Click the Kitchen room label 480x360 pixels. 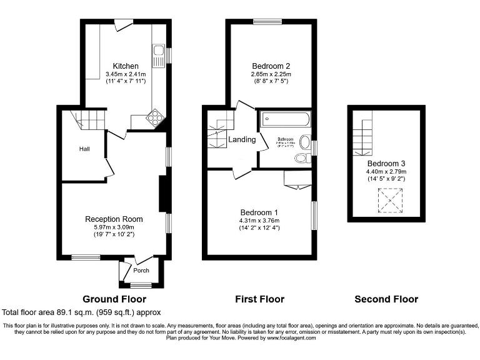pos(126,66)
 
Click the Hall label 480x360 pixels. pos(84,149)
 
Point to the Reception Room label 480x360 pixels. pos(114,219)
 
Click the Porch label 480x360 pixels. pos(142,271)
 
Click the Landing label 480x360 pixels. pos(242,139)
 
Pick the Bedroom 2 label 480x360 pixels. pos(271,66)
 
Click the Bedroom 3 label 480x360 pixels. pos(386,163)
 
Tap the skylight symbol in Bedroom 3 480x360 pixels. pos(391,201)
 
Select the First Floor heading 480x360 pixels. pos(259,299)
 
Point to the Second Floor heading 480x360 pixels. pos(386,299)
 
